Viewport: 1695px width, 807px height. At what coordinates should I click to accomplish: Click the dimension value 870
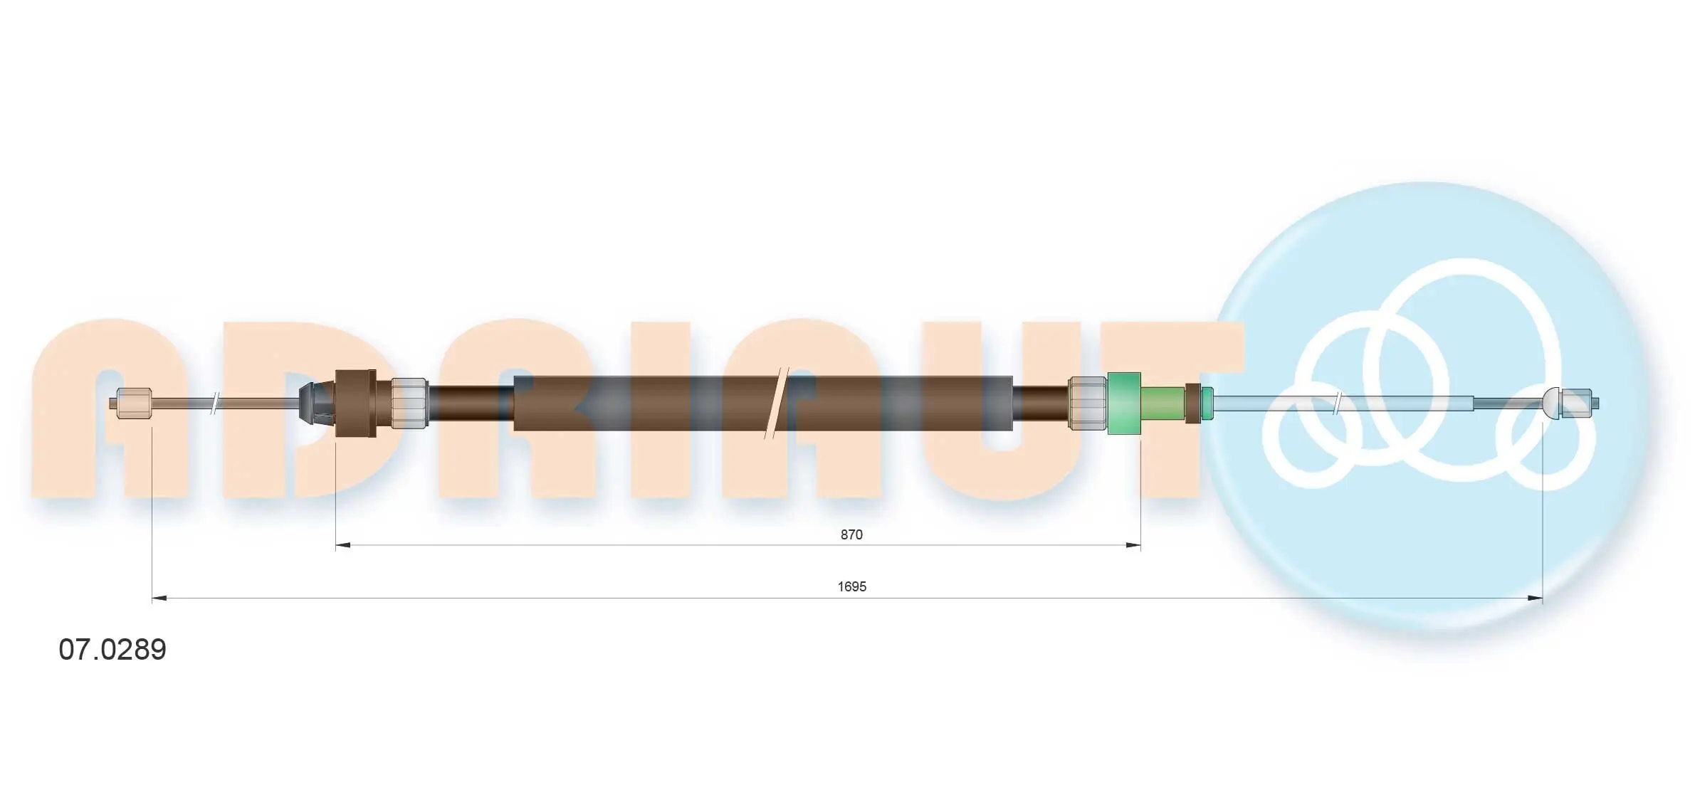[851, 534]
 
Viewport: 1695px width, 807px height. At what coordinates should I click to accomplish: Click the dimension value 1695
[851, 586]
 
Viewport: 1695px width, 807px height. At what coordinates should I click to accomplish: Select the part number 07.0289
[112, 649]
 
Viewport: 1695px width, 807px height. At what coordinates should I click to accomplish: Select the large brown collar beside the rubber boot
[356, 403]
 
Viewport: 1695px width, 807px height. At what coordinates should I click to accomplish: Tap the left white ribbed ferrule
[409, 403]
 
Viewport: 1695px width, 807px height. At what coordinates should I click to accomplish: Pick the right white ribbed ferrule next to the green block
[1088, 403]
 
